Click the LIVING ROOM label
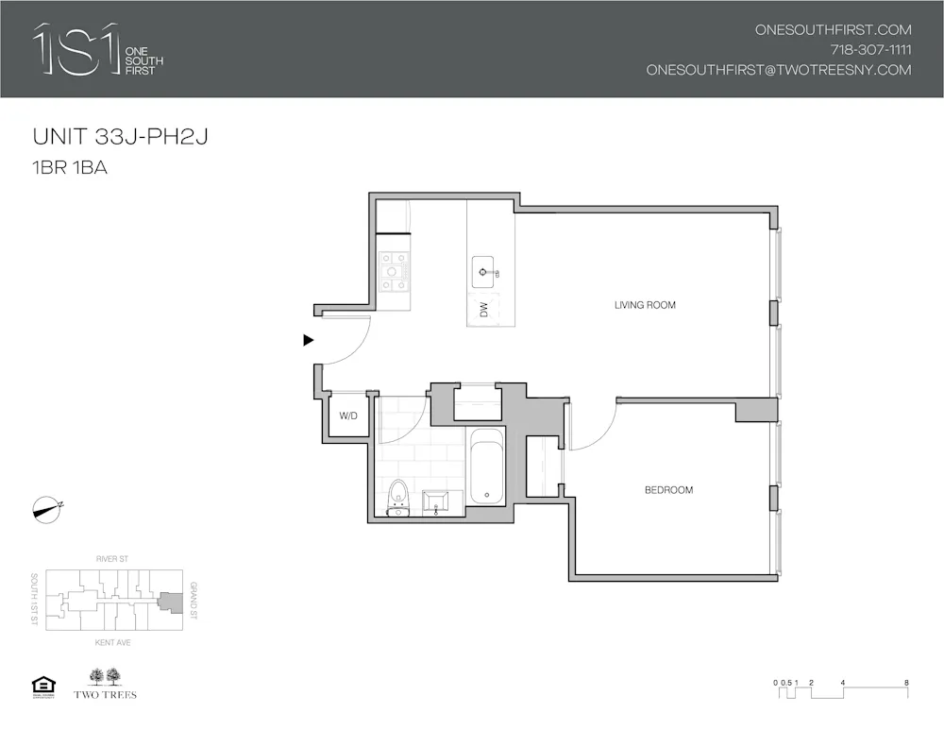click(x=645, y=305)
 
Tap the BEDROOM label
click(x=668, y=490)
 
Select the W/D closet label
click(x=348, y=416)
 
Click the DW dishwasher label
click(x=483, y=310)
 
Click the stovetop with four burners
click(x=394, y=271)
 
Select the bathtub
click(x=487, y=467)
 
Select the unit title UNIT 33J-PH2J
click(x=120, y=137)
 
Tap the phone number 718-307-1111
click(x=870, y=50)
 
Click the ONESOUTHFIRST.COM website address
click(x=833, y=30)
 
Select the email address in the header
click(x=779, y=70)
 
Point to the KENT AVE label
click(x=111, y=643)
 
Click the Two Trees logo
click(x=105, y=684)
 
